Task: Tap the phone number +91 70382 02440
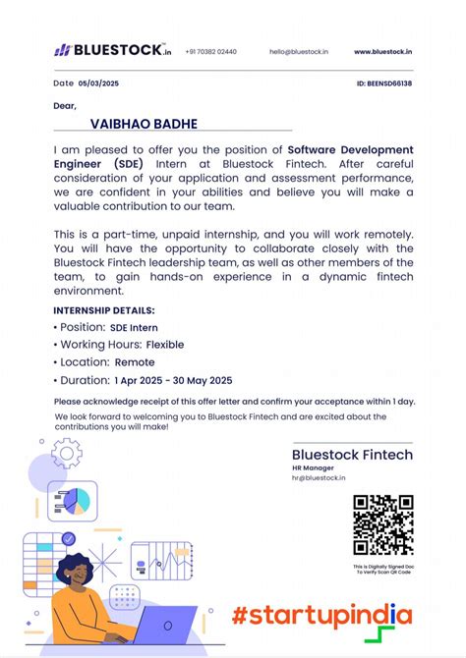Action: [x=211, y=51]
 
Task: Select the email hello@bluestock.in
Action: [x=299, y=51]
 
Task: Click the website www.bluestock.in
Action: [x=382, y=51]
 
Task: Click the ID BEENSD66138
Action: [x=384, y=83]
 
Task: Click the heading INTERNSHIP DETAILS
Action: [x=102, y=309]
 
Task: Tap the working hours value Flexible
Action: [x=165, y=345]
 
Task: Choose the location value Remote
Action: [x=135, y=362]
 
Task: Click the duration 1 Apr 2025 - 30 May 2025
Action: [x=173, y=380]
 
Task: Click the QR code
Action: [x=382, y=525]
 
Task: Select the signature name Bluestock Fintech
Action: [x=352, y=455]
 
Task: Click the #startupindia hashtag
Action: [x=321, y=616]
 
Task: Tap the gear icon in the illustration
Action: [x=66, y=453]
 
